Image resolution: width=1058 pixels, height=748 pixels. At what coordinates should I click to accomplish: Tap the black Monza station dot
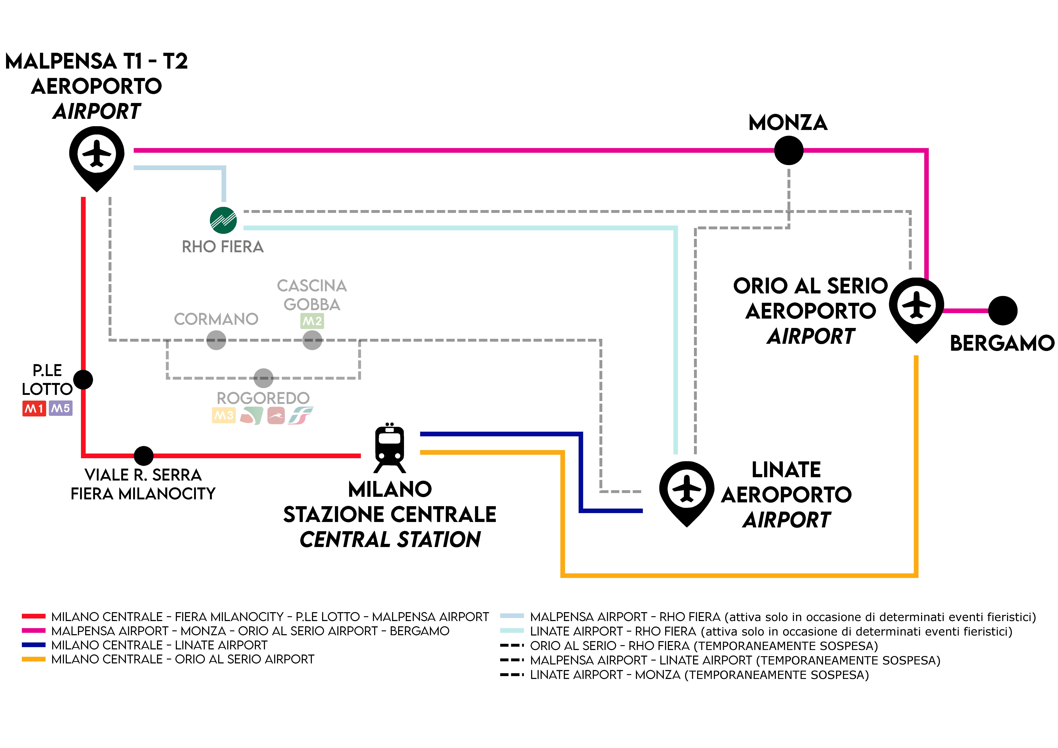click(x=788, y=150)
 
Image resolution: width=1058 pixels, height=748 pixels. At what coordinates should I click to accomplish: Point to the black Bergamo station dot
click(x=1003, y=311)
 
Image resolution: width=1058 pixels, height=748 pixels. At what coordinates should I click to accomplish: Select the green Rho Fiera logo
click(x=223, y=220)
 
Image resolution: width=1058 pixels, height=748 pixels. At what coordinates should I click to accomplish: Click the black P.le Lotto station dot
click(x=83, y=380)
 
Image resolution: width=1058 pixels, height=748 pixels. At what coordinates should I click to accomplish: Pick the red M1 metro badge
click(x=34, y=408)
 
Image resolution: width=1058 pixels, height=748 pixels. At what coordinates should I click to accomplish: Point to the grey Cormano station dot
click(x=216, y=340)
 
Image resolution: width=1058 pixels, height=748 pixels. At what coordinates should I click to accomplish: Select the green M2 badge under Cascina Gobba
click(x=312, y=321)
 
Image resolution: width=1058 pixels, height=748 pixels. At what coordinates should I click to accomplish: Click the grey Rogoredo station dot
click(x=264, y=378)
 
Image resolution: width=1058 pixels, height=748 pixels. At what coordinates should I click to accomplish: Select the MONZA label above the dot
click(x=788, y=123)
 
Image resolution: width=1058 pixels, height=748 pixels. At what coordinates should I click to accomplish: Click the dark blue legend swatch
click(x=34, y=645)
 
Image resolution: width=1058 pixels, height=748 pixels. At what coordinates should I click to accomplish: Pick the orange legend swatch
click(x=34, y=659)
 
